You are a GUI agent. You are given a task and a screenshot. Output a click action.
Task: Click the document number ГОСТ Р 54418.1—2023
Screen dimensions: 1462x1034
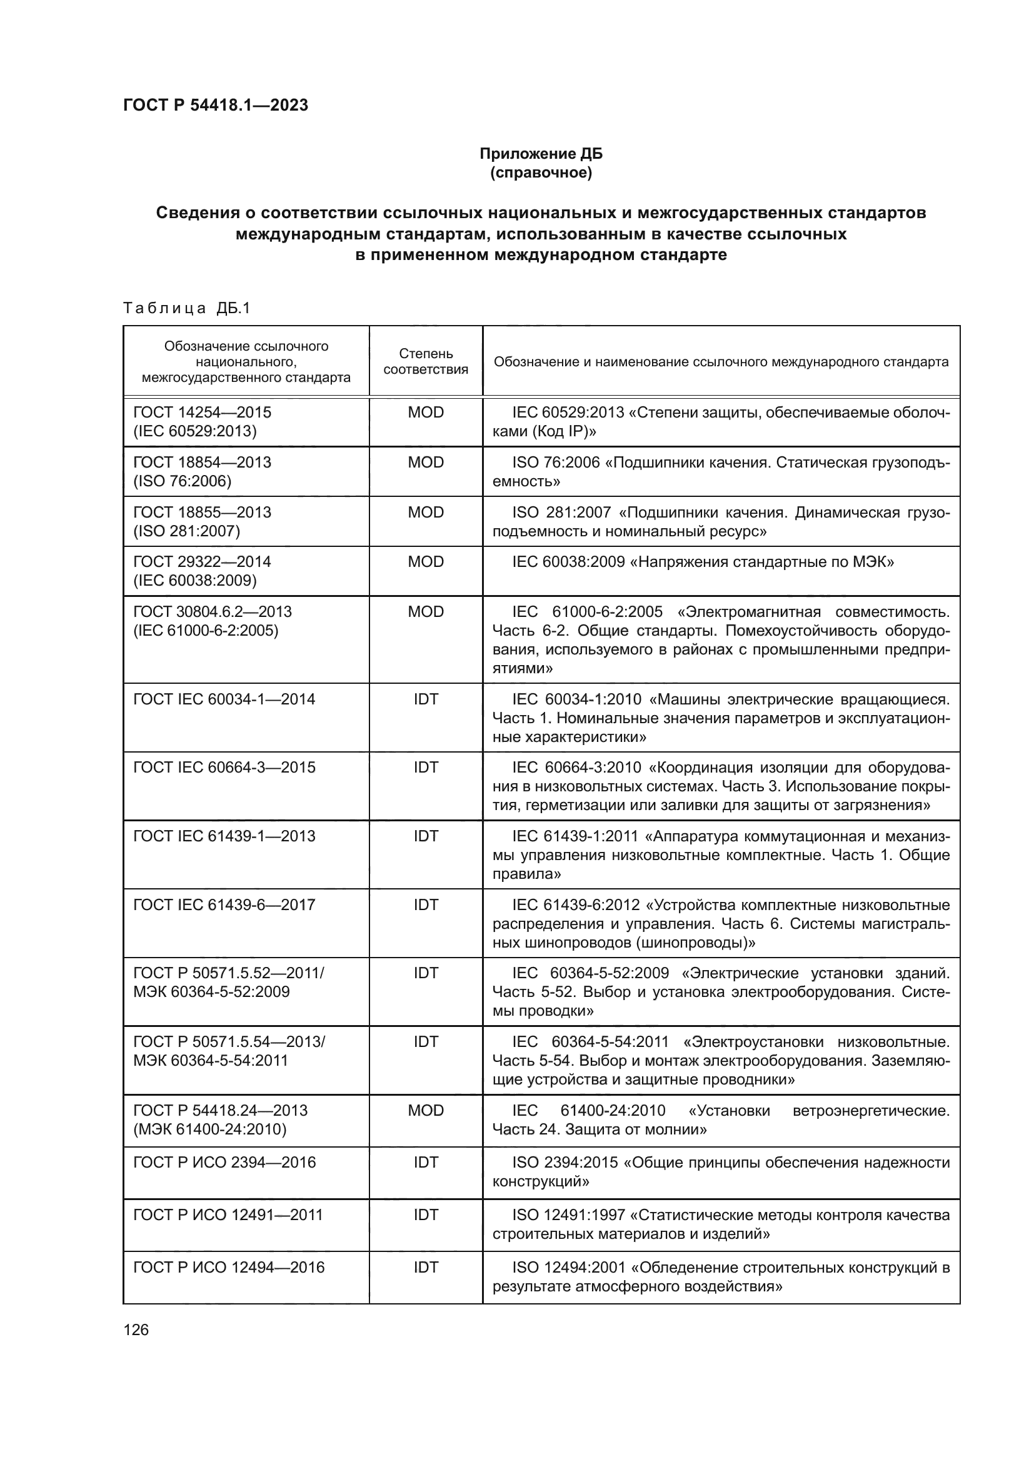coord(215,105)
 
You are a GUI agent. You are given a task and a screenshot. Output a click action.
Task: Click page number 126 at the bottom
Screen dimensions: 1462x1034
coord(136,1329)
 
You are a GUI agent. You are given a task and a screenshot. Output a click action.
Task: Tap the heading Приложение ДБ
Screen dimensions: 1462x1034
coord(541,154)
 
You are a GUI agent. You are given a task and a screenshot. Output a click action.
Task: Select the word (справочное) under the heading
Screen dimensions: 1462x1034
coord(541,173)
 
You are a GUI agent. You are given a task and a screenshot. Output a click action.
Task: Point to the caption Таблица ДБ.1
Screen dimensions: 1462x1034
coord(186,308)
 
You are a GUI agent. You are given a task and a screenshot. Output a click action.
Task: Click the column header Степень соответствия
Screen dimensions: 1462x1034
coord(425,361)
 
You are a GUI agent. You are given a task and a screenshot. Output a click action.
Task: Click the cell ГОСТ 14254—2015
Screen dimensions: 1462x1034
coord(202,412)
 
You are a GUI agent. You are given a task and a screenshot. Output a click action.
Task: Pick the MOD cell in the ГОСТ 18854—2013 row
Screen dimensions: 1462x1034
coord(425,463)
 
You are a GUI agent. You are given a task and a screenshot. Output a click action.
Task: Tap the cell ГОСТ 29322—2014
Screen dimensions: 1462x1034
coord(202,562)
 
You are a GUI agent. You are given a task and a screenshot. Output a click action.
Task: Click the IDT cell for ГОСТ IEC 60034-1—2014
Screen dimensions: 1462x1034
coord(425,699)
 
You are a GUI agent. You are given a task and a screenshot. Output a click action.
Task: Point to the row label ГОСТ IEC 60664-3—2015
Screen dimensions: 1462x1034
coord(224,768)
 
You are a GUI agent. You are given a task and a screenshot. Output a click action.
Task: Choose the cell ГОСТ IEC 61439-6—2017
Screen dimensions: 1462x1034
coord(224,905)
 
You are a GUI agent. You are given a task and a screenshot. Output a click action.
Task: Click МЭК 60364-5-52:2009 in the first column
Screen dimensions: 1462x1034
coord(211,992)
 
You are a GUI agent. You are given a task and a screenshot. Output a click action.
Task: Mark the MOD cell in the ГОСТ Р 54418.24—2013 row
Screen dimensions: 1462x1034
coord(425,1111)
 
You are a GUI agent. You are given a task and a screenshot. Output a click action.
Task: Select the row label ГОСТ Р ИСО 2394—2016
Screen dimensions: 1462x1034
coord(224,1162)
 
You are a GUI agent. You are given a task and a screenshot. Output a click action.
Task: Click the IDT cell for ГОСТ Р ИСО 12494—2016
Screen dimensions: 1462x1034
coord(425,1267)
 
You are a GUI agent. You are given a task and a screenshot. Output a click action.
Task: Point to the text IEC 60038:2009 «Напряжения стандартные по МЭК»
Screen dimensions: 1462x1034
coord(702,563)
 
